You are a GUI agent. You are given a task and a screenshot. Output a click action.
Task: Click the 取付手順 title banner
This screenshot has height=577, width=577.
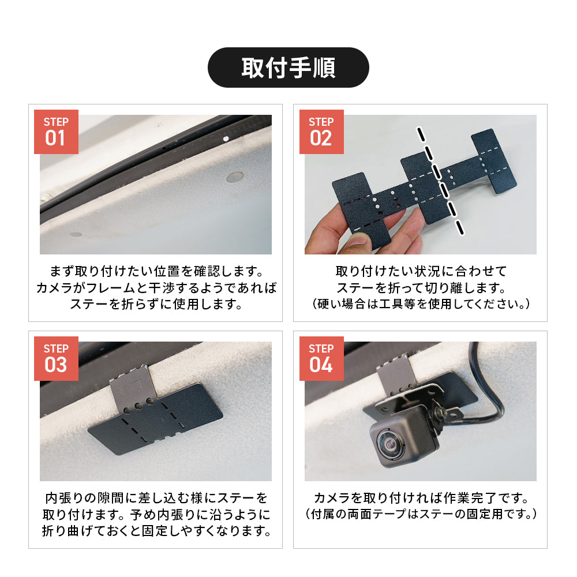pyautogui.click(x=288, y=68)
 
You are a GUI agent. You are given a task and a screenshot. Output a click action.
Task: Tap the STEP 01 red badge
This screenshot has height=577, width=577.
pyautogui.click(x=57, y=132)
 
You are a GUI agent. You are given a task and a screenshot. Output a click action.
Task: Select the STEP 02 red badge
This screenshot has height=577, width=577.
pyautogui.click(x=321, y=132)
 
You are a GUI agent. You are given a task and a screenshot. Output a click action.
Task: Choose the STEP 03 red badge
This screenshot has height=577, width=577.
pyautogui.click(x=57, y=358)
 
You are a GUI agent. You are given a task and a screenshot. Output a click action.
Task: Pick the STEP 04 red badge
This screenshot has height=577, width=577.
pyautogui.click(x=321, y=358)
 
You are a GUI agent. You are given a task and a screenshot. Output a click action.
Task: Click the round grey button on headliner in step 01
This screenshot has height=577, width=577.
pyautogui.click(x=235, y=177)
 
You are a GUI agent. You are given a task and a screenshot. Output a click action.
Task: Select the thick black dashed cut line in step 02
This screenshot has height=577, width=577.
pyautogui.click(x=439, y=180)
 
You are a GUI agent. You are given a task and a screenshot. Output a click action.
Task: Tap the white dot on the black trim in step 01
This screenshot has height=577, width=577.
pyautogui.click(x=226, y=138)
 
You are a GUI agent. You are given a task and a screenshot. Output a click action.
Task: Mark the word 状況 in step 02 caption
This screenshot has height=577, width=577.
pyautogui.click(x=428, y=272)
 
